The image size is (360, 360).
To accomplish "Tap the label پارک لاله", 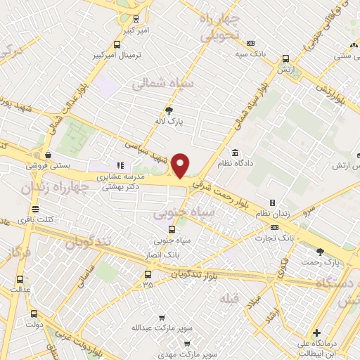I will pos(169,121).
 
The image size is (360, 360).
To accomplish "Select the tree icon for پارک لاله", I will pos(169,110).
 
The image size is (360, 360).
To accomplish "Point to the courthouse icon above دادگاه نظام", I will pos(235,153).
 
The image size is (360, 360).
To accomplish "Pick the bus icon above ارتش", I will pos(285,59).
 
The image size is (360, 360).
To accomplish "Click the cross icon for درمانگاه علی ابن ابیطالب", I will pos(317,333).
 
